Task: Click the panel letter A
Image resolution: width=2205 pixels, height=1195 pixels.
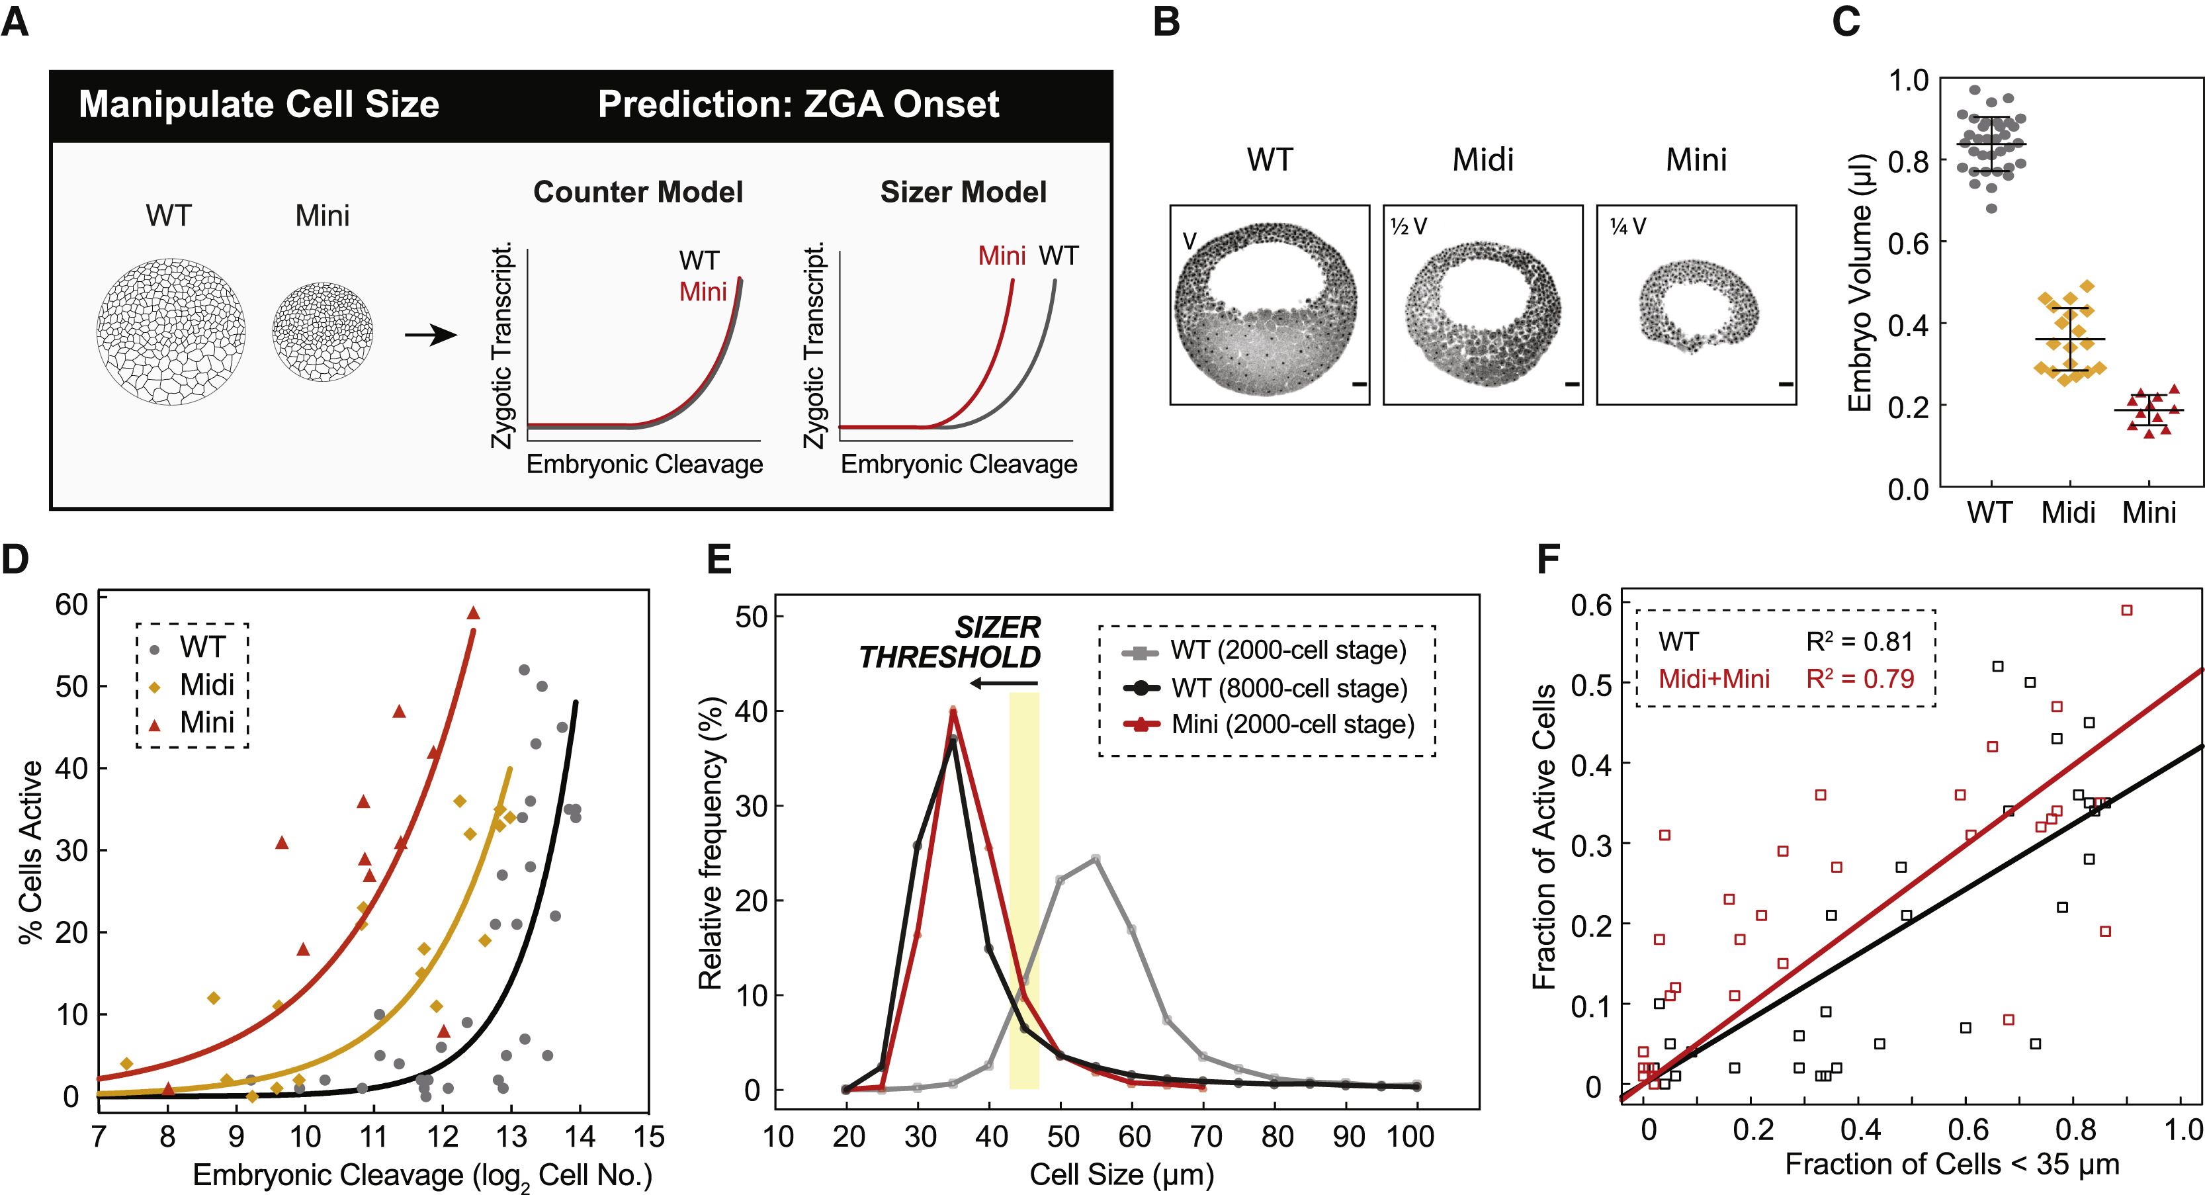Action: pyautogui.click(x=15, y=21)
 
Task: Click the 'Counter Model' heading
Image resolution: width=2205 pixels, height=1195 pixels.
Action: pyautogui.click(x=638, y=192)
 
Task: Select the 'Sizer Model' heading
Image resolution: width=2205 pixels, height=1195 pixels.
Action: pyautogui.click(x=963, y=192)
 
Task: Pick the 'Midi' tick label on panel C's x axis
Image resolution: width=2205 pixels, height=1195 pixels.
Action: pyautogui.click(x=2068, y=512)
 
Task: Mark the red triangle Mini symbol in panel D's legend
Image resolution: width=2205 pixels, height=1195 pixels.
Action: pyautogui.click(x=155, y=724)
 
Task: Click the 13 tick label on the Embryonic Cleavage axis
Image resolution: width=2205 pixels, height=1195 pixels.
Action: pyautogui.click(x=511, y=1137)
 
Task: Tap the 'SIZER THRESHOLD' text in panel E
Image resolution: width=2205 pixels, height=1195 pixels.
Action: pyautogui.click(x=950, y=642)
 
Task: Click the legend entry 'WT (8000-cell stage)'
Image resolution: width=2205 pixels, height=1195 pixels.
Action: pyautogui.click(x=1288, y=687)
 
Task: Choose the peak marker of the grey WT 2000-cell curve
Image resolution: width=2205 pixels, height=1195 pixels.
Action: pyautogui.click(x=1096, y=859)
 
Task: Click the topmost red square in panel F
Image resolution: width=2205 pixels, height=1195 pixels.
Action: pyautogui.click(x=2126, y=610)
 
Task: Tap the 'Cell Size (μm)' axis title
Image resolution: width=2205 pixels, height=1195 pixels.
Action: pyautogui.click(x=1121, y=1174)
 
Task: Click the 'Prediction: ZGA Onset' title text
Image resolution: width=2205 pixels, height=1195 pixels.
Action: pyautogui.click(x=798, y=105)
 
